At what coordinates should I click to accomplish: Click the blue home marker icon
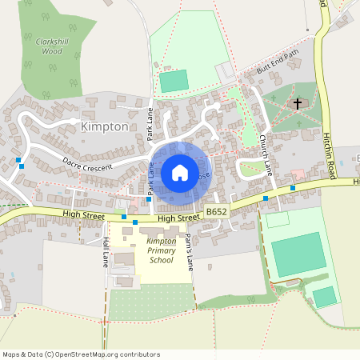(x=180, y=173)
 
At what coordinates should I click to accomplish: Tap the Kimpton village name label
(x=104, y=127)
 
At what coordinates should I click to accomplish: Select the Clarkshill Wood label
(x=48, y=45)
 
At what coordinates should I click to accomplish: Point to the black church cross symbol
(x=298, y=103)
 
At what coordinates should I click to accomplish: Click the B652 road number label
(x=215, y=212)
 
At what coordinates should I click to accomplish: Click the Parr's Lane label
(x=189, y=253)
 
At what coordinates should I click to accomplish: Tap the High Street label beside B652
(x=178, y=218)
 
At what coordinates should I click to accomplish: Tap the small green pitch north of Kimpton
(x=174, y=81)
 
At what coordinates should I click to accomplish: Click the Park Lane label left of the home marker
(x=150, y=180)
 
